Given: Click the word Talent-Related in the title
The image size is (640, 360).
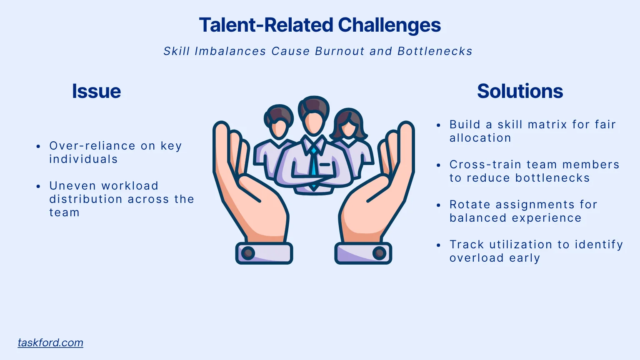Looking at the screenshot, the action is (x=266, y=25).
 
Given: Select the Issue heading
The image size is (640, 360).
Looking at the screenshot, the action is (x=96, y=91).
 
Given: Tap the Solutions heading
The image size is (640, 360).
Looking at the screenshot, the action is (x=520, y=91).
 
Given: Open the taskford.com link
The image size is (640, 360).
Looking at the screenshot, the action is (x=50, y=342).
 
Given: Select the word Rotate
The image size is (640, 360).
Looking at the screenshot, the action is (x=470, y=205).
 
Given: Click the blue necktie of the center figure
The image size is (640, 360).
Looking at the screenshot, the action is (x=314, y=167).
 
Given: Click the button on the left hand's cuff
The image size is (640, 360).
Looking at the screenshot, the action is (x=248, y=253).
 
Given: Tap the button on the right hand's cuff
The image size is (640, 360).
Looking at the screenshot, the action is (x=380, y=253).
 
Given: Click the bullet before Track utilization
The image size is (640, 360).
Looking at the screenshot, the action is (x=439, y=245).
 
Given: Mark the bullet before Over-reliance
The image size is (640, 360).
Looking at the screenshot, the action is (x=38, y=146).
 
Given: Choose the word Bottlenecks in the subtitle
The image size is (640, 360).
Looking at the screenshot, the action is (x=435, y=51).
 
